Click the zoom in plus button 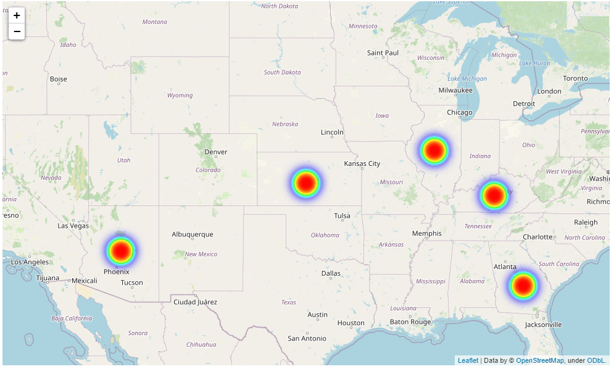click(17, 15)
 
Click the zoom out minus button click(17, 31)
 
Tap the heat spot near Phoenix click(120, 251)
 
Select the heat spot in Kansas click(305, 183)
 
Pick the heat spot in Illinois click(434, 151)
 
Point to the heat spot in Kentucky click(494, 196)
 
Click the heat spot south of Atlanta click(523, 285)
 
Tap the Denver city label click(216, 152)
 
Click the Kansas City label click(362, 164)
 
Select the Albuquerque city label click(193, 234)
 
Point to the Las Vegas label click(73, 226)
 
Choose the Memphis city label click(427, 233)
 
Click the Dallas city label click(331, 273)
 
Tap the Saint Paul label click(383, 53)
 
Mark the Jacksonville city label click(544, 325)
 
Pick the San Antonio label click(307, 338)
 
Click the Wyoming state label click(180, 96)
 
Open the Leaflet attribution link click(468, 360)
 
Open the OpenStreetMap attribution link click(540, 360)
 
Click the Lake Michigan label click(467, 78)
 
